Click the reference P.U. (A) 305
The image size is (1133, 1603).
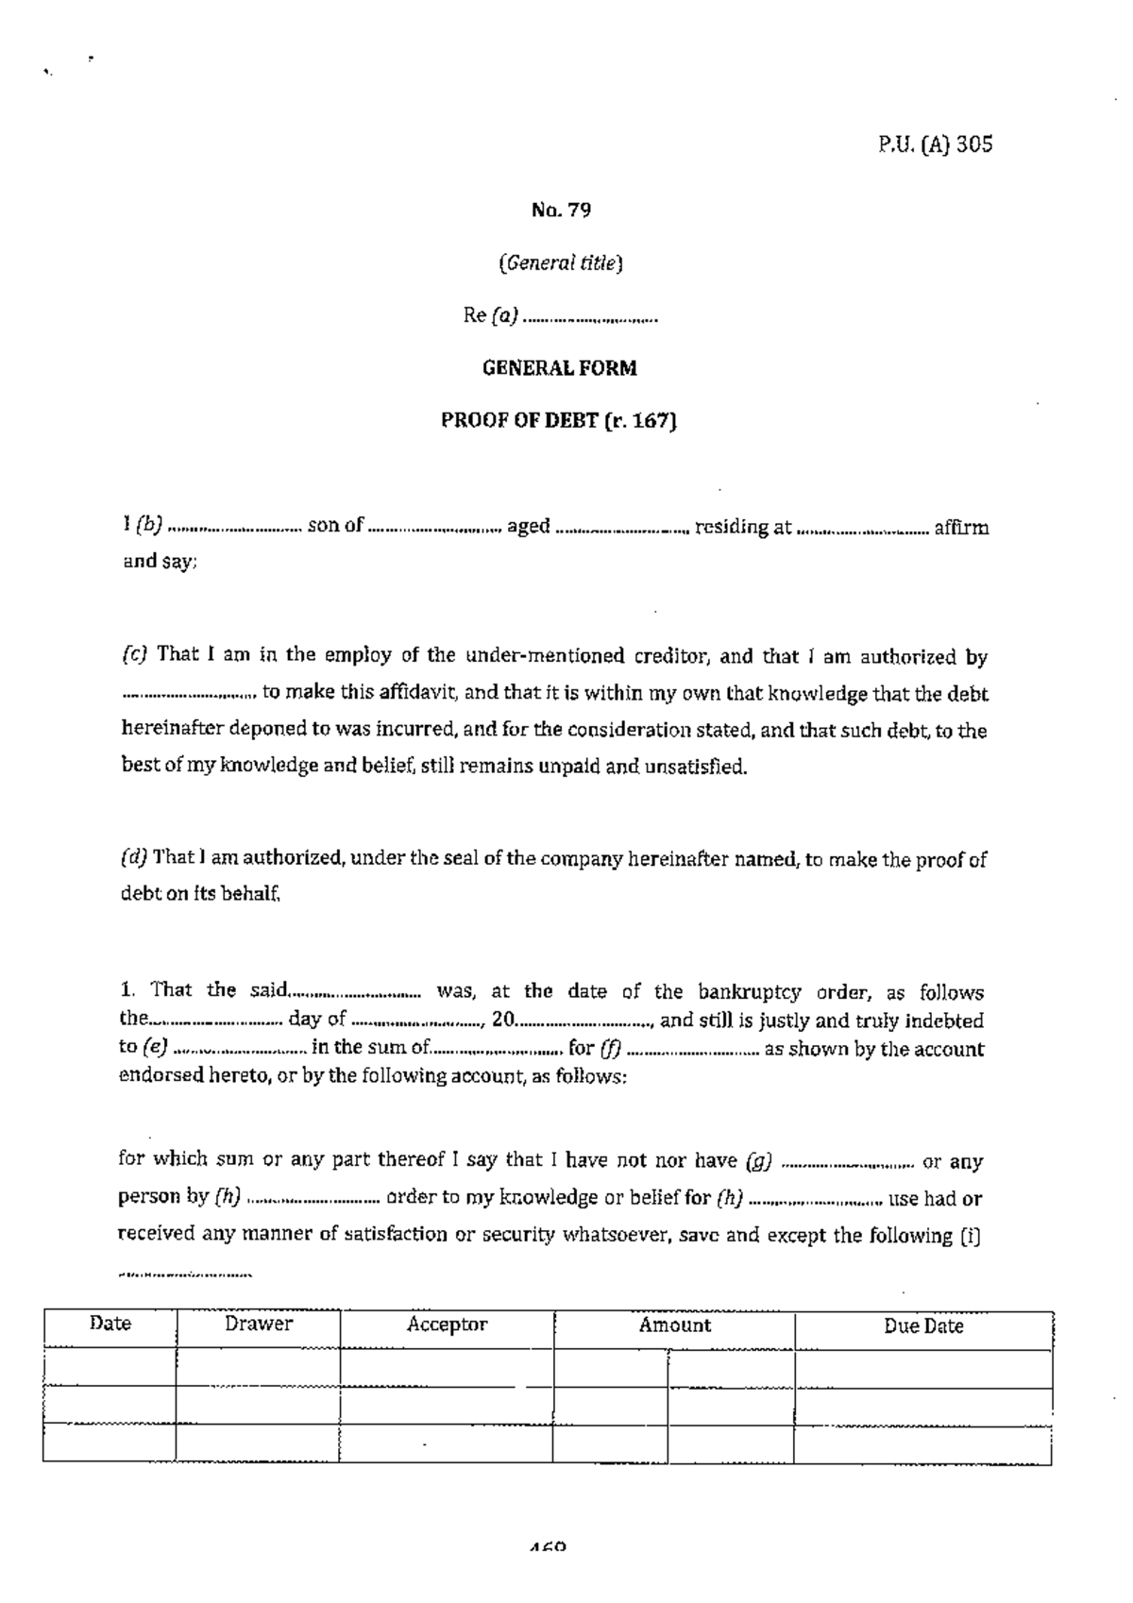tap(929, 144)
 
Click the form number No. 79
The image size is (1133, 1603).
tap(561, 210)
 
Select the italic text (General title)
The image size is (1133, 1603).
tap(560, 263)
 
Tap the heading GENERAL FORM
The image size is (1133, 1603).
tap(559, 368)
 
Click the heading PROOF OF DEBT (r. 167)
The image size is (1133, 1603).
tap(559, 421)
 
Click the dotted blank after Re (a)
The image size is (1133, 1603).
tap(589, 318)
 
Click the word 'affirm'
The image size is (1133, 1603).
tap(961, 528)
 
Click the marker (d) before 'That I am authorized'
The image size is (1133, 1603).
tap(133, 858)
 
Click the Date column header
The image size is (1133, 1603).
tap(110, 1324)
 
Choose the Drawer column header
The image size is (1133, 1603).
tap(258, 1324)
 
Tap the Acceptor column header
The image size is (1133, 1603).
tap(447, 1325)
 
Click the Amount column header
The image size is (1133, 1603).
tap(674, 1325)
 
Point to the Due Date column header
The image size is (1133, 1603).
tap(922, 1326)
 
